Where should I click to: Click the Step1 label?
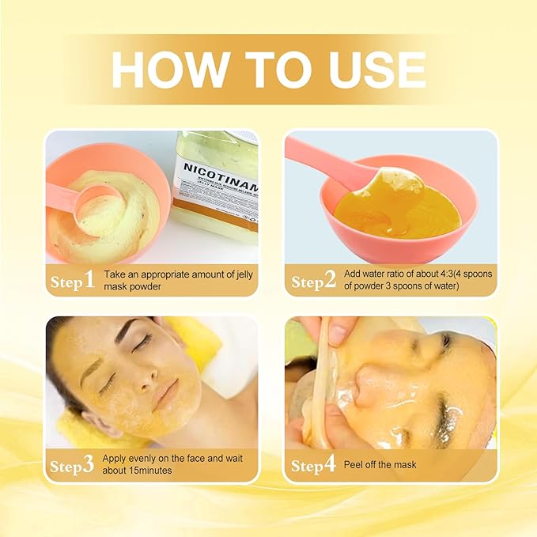click(72, 280)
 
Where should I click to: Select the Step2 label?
click(313, 280)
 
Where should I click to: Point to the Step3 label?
click(72, 465)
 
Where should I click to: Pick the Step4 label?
click(313, 465)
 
